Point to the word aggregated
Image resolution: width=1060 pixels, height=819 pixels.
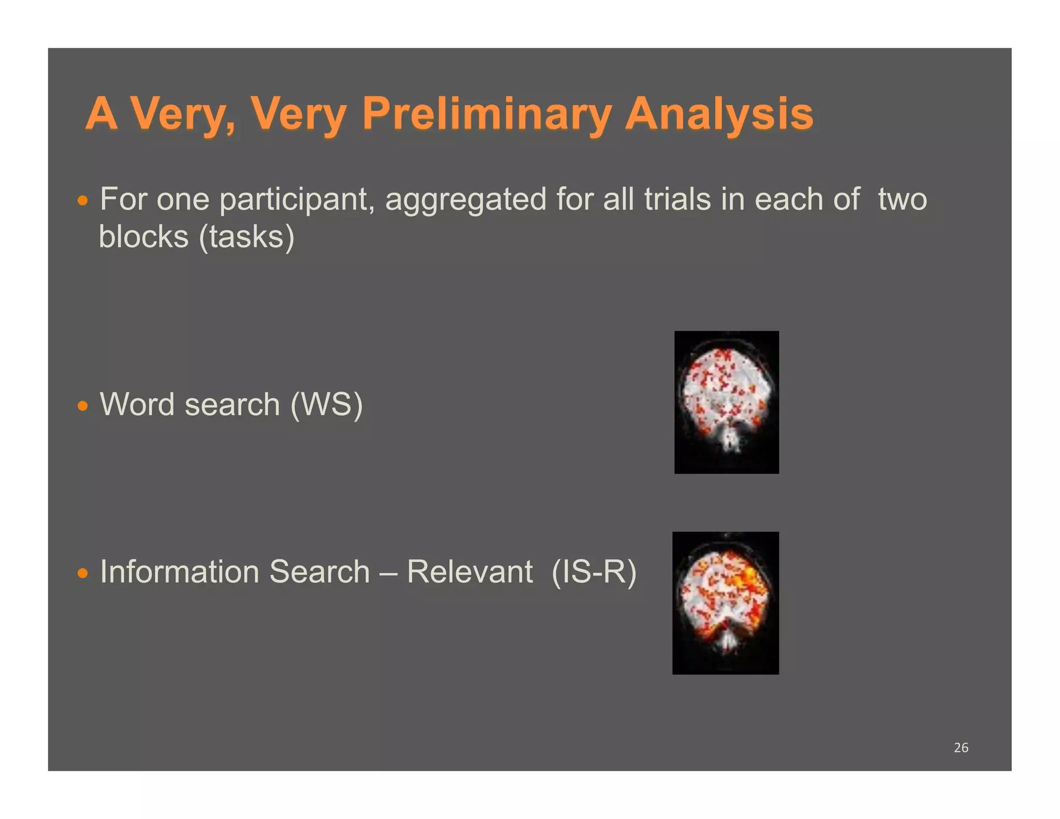[x=465, y=200]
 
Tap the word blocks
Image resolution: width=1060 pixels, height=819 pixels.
[x=143, y=237]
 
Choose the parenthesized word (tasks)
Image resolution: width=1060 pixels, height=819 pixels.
[x=247, y=237]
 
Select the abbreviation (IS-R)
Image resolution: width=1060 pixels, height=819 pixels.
[x=594, y=572]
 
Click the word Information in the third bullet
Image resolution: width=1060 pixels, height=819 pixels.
[x=179, y=572]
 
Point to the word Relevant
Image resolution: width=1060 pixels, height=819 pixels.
[x=469, y=572]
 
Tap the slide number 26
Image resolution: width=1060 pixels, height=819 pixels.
[x=961, y=748]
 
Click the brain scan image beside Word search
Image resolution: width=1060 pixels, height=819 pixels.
[x=726, y=402]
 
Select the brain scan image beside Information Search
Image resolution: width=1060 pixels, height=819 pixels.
[x=725, y=603]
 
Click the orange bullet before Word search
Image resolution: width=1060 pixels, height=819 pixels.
[x=82, y=406]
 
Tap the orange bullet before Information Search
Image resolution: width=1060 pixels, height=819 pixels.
[x=82, y=574]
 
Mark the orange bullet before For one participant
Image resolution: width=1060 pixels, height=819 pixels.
[x=82, y=201]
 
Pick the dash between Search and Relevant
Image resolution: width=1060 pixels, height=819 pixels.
[x=388, y=573]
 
